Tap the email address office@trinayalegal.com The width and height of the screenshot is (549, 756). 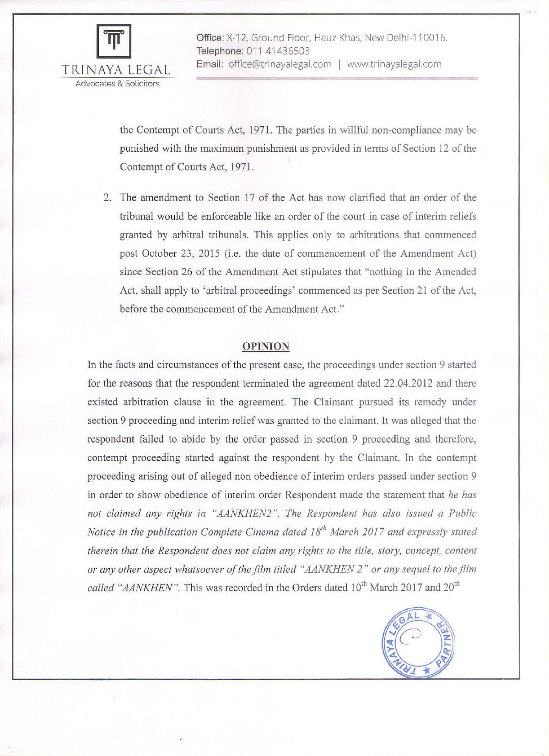[x=280, y=64]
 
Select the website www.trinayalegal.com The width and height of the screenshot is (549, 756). [x=394, y=64]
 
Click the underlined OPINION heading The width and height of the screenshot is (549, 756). [x=265, y=346]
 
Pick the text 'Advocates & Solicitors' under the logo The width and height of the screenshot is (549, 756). [x=118, y=84]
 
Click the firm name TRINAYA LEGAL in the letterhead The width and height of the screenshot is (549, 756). [x=116, y=70]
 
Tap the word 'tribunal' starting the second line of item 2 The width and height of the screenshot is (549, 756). [x=136, y=216]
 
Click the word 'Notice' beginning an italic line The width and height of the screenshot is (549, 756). [x=100, y=532]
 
